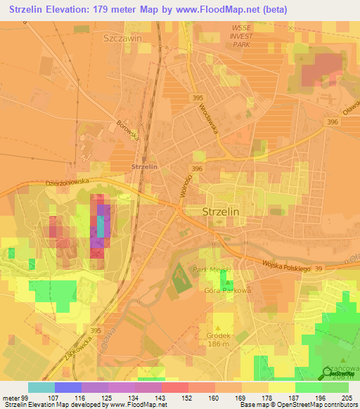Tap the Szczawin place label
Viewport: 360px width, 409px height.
pyautogui.click(x=122, y=39)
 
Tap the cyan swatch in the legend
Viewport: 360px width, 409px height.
pyautogui.click(x=41, y=387)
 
